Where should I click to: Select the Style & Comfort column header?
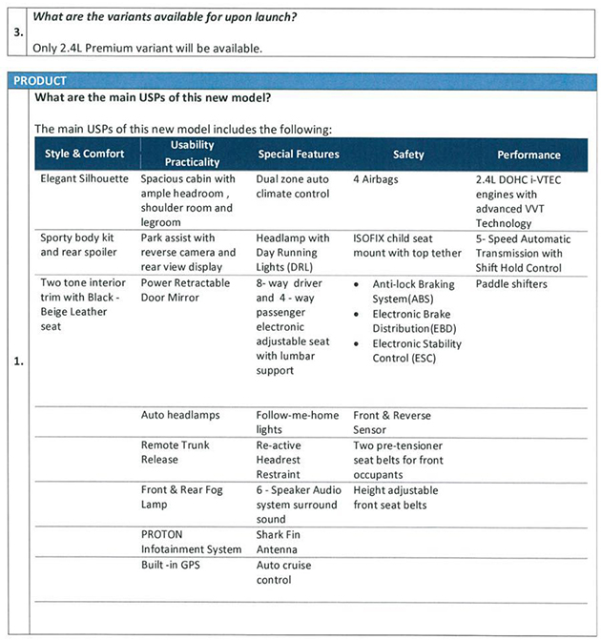pyautogui.click(x=84, y=155)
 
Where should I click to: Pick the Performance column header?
pyautogui.click(x=528, y=155)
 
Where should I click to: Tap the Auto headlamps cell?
pyautogui.click(x=179, y=416)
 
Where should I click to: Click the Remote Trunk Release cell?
pyautogui.click(x=175, y=452)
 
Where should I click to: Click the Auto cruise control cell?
pyautogui.click(x=284, y=572)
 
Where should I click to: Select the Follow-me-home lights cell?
pyautogui.click(x=297, y=423)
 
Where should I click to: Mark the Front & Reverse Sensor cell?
pyautogui.click(x=391, y=423)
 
